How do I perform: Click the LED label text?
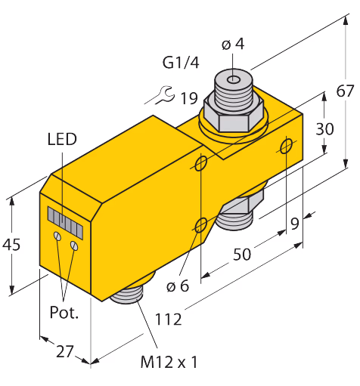click(x=62, y=139)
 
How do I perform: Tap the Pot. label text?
click(x=64, y=313)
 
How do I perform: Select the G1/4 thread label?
click(x=181, y=63)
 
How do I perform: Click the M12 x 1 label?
click(x=169, y=362)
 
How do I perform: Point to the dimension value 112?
click(x=168, y=320)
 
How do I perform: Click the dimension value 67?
click(x=345, y=91)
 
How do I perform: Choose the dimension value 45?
click(x=11, y=245)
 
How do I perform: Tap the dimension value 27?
click(x=65, y=351)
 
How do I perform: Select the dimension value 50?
click(x=242, y=254)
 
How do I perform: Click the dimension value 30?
click(x=324, y=129)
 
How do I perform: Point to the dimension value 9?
click(x=295, y=224)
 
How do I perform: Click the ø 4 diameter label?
click(x=233, y=44)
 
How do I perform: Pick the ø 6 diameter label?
click(x=178, y=286)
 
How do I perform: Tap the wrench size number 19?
click(x=189, y=98)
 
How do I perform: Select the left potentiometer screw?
click(x=57, y=236)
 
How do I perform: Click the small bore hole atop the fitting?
click(x=234, y=80)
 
